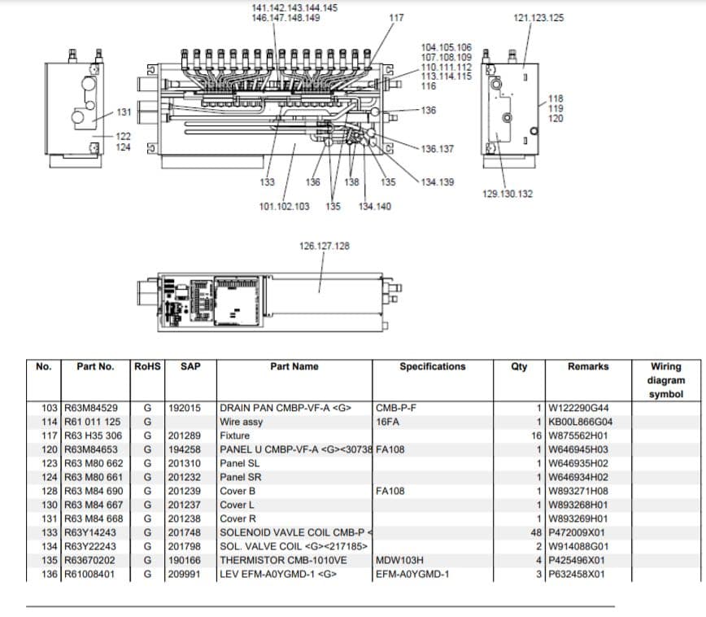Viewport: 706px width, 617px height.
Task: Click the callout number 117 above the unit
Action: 396,17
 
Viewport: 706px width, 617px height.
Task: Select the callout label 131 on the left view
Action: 124,112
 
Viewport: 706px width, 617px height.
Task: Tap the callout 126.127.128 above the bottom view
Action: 325,245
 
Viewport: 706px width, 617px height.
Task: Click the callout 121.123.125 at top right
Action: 539,17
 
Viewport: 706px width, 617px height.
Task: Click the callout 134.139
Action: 438,182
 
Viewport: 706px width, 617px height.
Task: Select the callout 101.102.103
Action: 284,206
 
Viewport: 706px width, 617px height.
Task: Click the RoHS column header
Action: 146,366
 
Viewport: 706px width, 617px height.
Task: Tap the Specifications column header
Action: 432,366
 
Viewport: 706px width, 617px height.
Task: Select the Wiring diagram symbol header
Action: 666,380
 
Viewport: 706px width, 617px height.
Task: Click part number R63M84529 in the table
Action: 91,408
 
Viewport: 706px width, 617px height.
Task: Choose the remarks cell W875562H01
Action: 577,435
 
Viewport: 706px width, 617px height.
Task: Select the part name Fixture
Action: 235,435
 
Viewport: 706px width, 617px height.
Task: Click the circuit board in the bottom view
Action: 237,301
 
